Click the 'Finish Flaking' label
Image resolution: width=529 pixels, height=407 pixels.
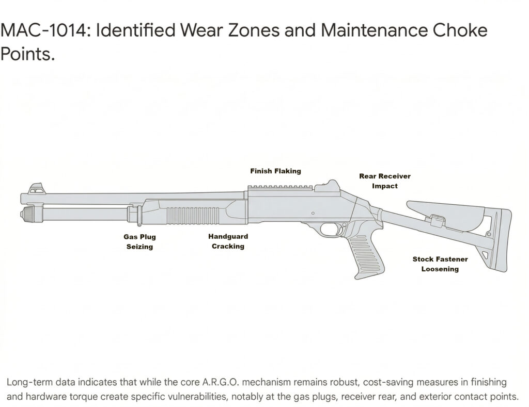275,171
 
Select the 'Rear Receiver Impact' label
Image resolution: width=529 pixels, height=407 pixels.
385,181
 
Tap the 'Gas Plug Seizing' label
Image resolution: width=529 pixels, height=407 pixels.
139,241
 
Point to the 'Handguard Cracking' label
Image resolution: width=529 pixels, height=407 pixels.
228,241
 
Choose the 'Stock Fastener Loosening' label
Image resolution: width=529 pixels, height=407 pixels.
440,264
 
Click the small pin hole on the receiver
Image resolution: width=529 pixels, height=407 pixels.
314,213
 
